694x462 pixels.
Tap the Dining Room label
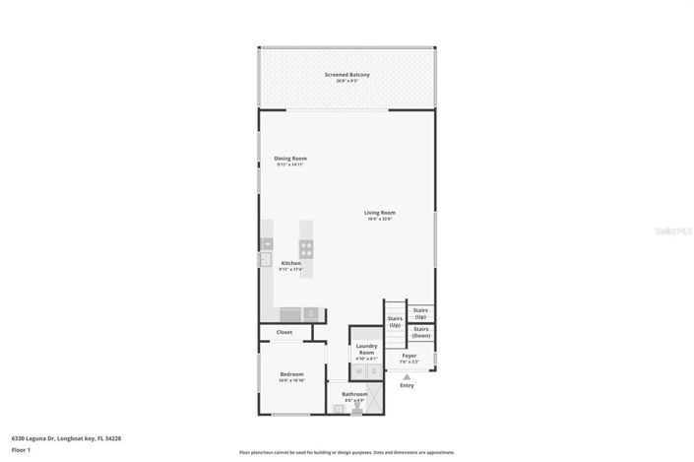(290, 159)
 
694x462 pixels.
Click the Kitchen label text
(290, 263)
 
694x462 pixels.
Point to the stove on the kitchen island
(306, 249)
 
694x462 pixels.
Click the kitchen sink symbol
(266, 260)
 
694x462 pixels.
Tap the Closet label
(284, 332)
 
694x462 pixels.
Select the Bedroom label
(290, 374)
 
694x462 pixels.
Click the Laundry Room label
(366, 350)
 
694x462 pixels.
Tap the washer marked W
(358, 371)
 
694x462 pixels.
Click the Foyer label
(409, 356)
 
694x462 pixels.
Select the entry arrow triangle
(407, 375)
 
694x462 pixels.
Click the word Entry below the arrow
(407, 385)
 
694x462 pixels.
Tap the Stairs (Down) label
(420, 333)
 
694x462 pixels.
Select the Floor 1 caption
(22, 449)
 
